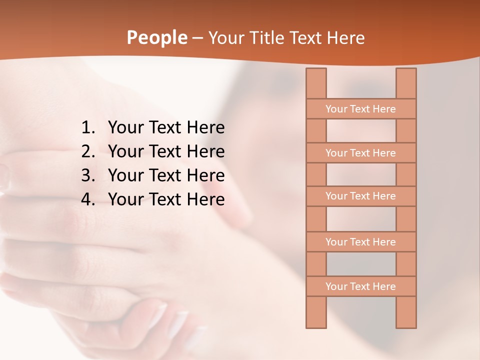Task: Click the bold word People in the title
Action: (157, 37)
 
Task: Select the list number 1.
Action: (87, 128)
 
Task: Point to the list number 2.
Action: (87, 151)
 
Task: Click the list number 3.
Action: (87, 175)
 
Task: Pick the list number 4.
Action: (87, 199)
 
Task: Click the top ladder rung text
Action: (360, 109)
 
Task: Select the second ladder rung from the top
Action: (360, 153)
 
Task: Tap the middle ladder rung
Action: (360, 196)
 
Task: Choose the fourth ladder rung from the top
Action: (360, 242)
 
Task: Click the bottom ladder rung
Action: (360, 286)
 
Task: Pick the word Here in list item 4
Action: (205, 199)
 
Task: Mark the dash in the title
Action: (197, 38)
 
